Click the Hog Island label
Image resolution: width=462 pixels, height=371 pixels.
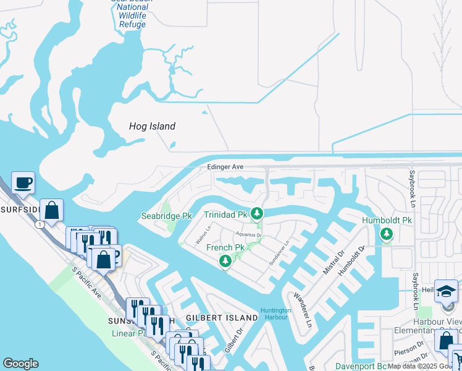coord(152,126)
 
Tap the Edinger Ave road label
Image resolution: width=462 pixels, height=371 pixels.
coord(225,167)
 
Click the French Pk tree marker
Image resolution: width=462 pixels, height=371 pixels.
coord(225,263)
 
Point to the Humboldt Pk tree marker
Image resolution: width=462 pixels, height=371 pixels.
coord(387,234)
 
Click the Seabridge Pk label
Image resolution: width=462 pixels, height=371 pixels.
coord(166,216)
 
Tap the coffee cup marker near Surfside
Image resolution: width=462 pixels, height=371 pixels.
coord(23,183)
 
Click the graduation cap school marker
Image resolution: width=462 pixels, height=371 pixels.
coord(446,291)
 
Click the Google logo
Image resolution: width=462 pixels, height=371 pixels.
coord(20,364)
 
